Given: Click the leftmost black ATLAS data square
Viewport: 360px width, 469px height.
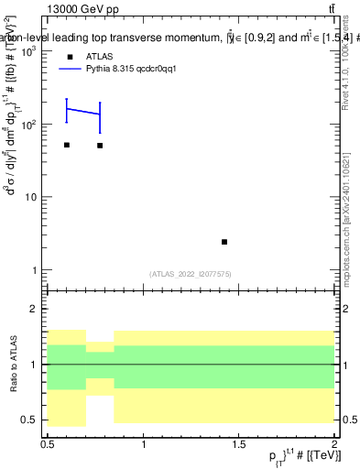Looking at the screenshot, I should pyautogui.click(x=67, y=145).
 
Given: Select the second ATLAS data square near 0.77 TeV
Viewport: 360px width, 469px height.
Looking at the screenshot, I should pyautogui.click(x=100, y=146).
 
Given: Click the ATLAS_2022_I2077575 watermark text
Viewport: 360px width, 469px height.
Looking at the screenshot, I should pyautogui.click(x=192, y=273).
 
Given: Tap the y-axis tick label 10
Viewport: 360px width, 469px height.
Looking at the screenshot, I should pyautogui.click(x=31, y=197).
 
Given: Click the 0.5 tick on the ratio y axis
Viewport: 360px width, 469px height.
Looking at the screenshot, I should pyautogui.click(x=29, y=420).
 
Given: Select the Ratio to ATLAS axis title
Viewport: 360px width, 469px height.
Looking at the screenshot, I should pyautogui.click(x=13, y=365).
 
